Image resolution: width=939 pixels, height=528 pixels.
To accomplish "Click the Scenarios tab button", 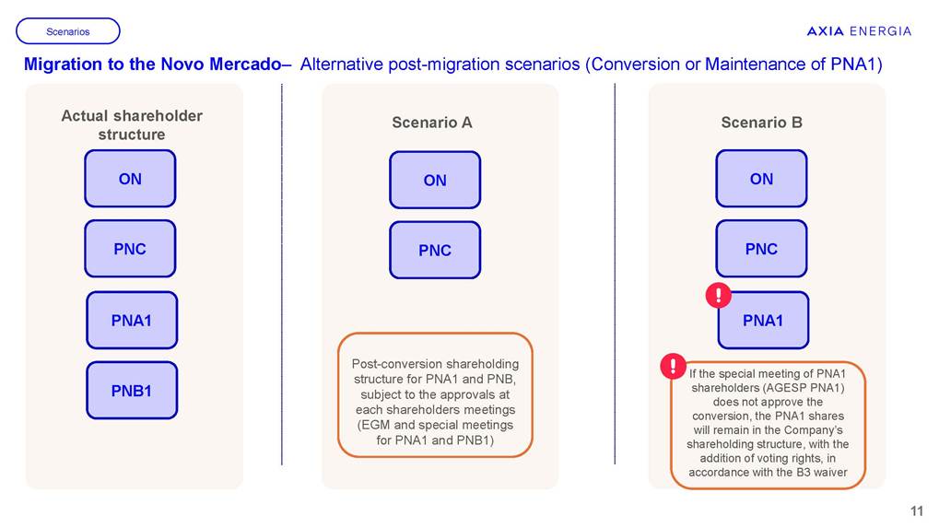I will pyautogui.click(x=68, y=31).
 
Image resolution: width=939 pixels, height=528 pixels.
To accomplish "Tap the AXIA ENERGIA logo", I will pyautogui.click(x=859, y=31).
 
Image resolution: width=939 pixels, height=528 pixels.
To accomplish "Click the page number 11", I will pyautogui.click(x=917, y=511).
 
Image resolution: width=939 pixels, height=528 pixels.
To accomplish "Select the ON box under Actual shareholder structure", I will pyautogui.click(x=130, y=179).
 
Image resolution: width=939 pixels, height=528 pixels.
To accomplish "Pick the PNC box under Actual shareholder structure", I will pyautogui.click(x=130, y=249).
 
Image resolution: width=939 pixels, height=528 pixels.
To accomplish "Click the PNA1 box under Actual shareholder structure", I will pyautogui.click(x=132, y=321).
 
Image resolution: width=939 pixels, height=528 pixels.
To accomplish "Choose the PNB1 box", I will pyautogui.click(x=132, y=391).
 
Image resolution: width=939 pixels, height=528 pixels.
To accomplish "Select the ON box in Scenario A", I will pyautogui.click(x=435, y=181).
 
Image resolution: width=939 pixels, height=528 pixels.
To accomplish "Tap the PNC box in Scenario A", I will pyautogui.click(x=435, y=251).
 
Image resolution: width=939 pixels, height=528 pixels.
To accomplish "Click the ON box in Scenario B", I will pyautogui.click(x=761, y=179).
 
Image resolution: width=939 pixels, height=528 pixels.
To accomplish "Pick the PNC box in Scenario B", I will pyautogui.click(x=761, y=249).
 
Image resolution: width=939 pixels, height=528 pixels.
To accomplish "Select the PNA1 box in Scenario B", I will pyautogui.click(x=763, y=321).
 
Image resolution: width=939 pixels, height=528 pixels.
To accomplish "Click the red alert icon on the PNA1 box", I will pyautogui.click(x=718, y=295).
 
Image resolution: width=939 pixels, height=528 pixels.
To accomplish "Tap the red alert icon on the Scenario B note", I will pyautogui.click(x=674, y=365).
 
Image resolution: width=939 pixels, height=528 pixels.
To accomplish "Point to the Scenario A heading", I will pyautogui.click(x=432, y=123).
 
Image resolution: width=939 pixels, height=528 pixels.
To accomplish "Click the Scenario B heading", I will pyautogui.click(x=761, y=123).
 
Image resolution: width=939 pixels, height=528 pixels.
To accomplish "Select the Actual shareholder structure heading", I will pyautogui.click(x=132, y=125).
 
